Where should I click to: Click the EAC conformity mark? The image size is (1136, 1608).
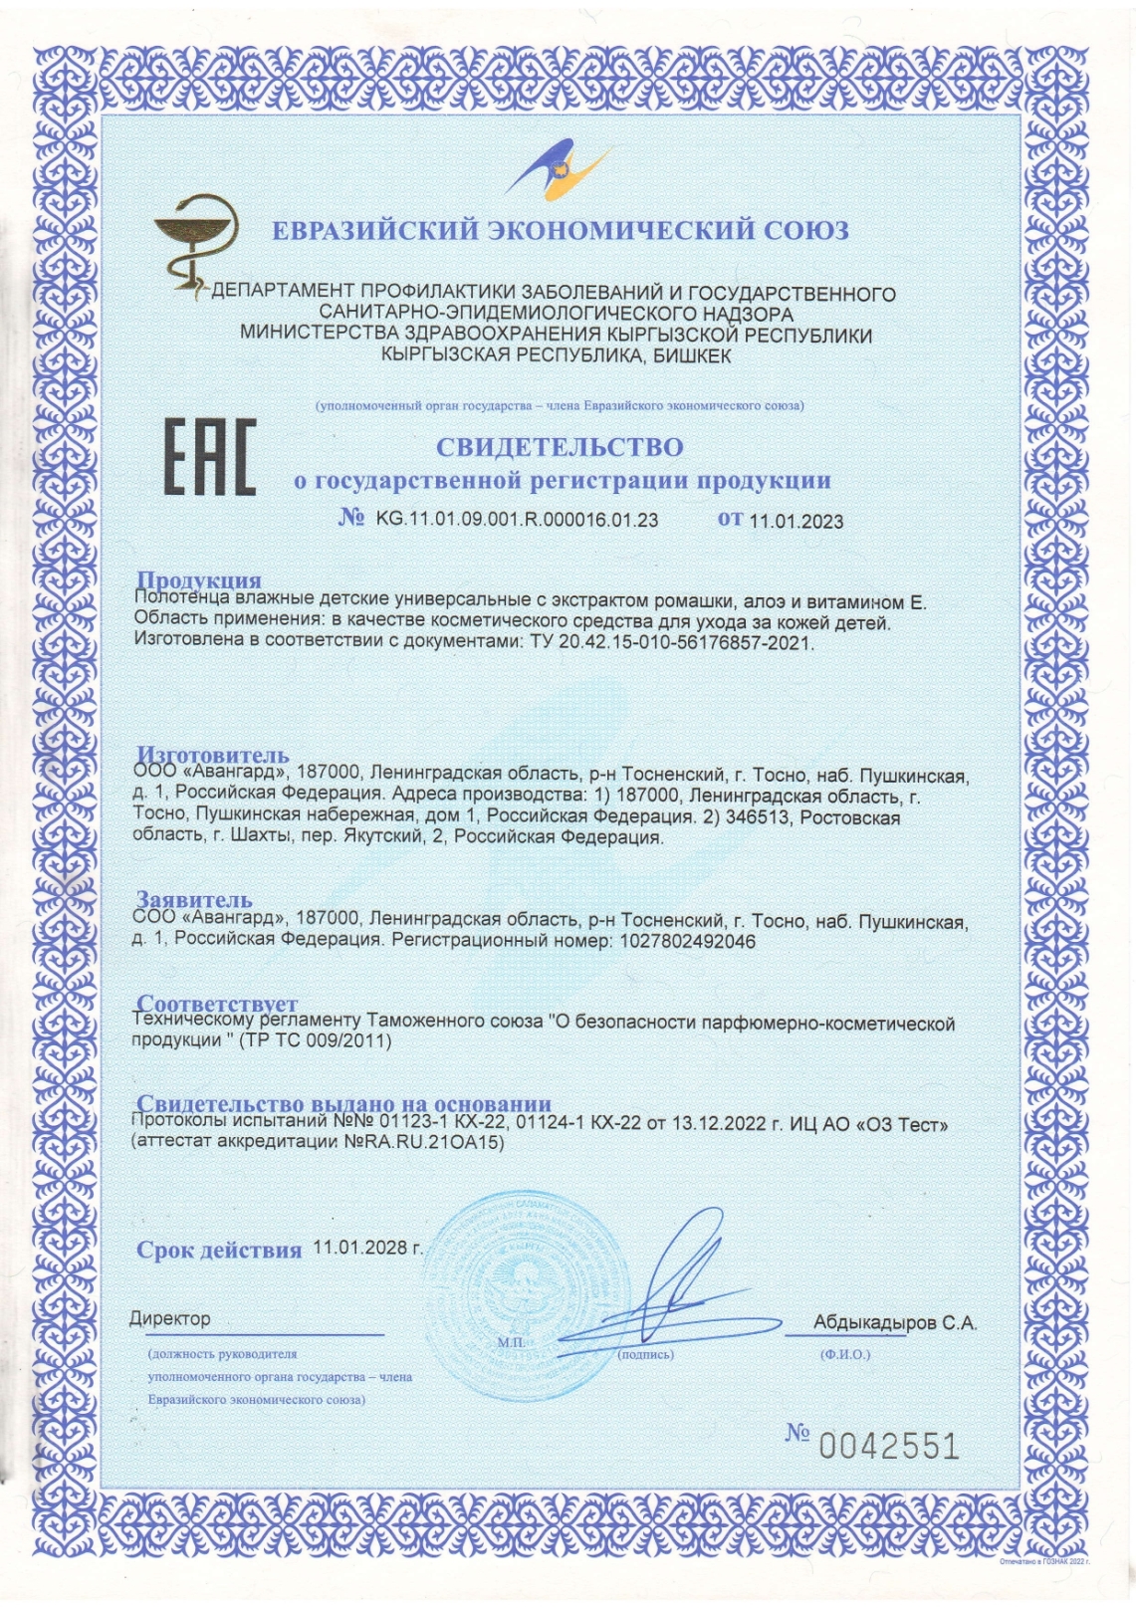(209, 457)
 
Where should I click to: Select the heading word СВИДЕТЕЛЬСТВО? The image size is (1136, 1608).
(560, 447)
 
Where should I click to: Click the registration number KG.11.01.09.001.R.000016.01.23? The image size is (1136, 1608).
(517, 520)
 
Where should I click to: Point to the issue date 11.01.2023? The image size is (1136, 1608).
(795, 521)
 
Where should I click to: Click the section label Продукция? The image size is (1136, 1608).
(198, 580)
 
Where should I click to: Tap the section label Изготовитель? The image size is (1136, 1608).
(212, 755)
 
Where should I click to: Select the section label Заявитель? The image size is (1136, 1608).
(194, 901)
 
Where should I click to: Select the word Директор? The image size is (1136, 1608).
(170, 1319)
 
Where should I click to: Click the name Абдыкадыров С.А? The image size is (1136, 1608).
(894, 1323)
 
